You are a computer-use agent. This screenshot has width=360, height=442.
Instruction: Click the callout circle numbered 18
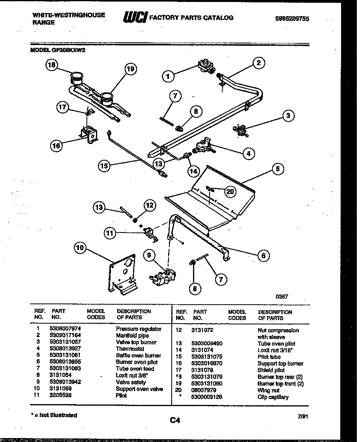click(52, 65)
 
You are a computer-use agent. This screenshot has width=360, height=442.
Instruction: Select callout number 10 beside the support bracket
click(81, 247)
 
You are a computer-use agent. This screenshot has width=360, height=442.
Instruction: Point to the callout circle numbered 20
click(230, 191)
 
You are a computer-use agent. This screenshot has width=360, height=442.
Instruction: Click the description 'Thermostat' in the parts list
click(130, 349)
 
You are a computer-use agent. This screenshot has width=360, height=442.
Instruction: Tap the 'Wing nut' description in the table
click(268, 390)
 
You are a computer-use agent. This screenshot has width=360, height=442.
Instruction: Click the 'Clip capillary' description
click(273, 397)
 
